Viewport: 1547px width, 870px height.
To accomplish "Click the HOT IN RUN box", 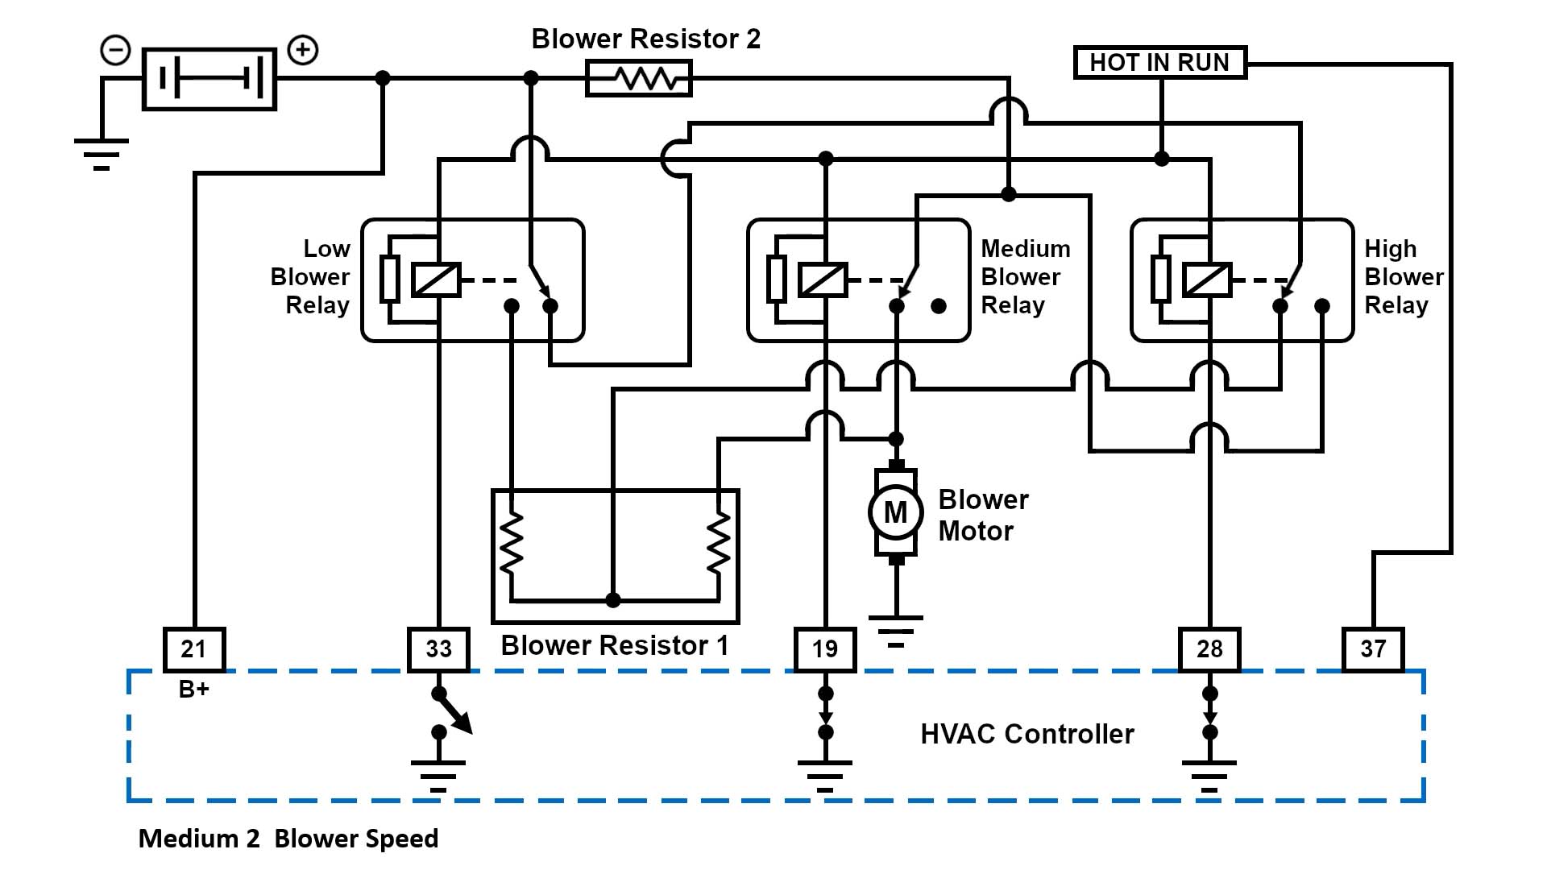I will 1159,63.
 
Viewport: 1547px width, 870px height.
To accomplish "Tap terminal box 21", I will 193,649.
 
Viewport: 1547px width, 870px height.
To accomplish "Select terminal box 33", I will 438,649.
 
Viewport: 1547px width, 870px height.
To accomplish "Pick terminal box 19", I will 824,649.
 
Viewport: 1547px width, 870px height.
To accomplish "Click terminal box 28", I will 1209,649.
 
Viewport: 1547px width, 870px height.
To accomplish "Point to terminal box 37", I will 1373,649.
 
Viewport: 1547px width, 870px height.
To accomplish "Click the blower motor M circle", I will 895,512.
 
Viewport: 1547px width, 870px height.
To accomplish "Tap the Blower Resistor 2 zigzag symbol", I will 638,79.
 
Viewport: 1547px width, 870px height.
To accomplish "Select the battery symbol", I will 209,79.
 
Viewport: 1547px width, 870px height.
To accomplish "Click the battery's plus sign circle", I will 303,50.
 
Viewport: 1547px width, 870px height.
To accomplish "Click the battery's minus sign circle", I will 115,50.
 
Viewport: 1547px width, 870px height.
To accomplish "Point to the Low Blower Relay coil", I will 436,280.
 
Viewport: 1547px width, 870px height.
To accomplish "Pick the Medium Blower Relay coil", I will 823,280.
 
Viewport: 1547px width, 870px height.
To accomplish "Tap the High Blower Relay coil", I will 1207,280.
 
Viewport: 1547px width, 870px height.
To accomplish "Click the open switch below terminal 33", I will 451,714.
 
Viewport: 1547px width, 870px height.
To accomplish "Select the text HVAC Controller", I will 1026,734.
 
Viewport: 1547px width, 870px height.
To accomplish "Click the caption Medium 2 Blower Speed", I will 288,839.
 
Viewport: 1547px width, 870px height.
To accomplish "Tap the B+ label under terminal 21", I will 193,690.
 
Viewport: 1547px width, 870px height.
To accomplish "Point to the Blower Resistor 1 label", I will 614,645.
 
